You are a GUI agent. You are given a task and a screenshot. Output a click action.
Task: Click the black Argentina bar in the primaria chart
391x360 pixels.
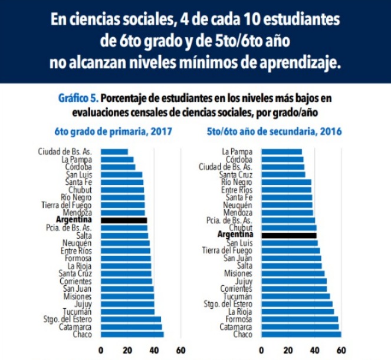click(124, 220)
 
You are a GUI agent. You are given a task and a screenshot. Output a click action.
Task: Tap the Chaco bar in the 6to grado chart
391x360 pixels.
click(132, 335)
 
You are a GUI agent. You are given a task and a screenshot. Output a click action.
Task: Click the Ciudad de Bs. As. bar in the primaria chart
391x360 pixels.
click(114, 151)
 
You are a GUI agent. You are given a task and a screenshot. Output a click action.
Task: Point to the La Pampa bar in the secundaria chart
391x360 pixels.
click(281, 151)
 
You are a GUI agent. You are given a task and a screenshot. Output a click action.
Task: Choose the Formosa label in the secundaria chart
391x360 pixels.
click(239, 319)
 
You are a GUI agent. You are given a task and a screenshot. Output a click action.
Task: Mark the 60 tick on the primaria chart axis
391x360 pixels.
click(181, 348)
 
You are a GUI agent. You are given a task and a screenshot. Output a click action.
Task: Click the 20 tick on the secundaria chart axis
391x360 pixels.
click(288, 348)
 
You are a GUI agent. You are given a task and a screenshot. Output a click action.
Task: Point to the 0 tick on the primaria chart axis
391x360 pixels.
click(101, 348)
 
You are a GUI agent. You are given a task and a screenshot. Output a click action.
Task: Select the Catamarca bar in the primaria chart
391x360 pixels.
click(132, 327)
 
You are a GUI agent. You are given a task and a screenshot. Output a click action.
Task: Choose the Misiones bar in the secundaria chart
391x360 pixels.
click(292, 273)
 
